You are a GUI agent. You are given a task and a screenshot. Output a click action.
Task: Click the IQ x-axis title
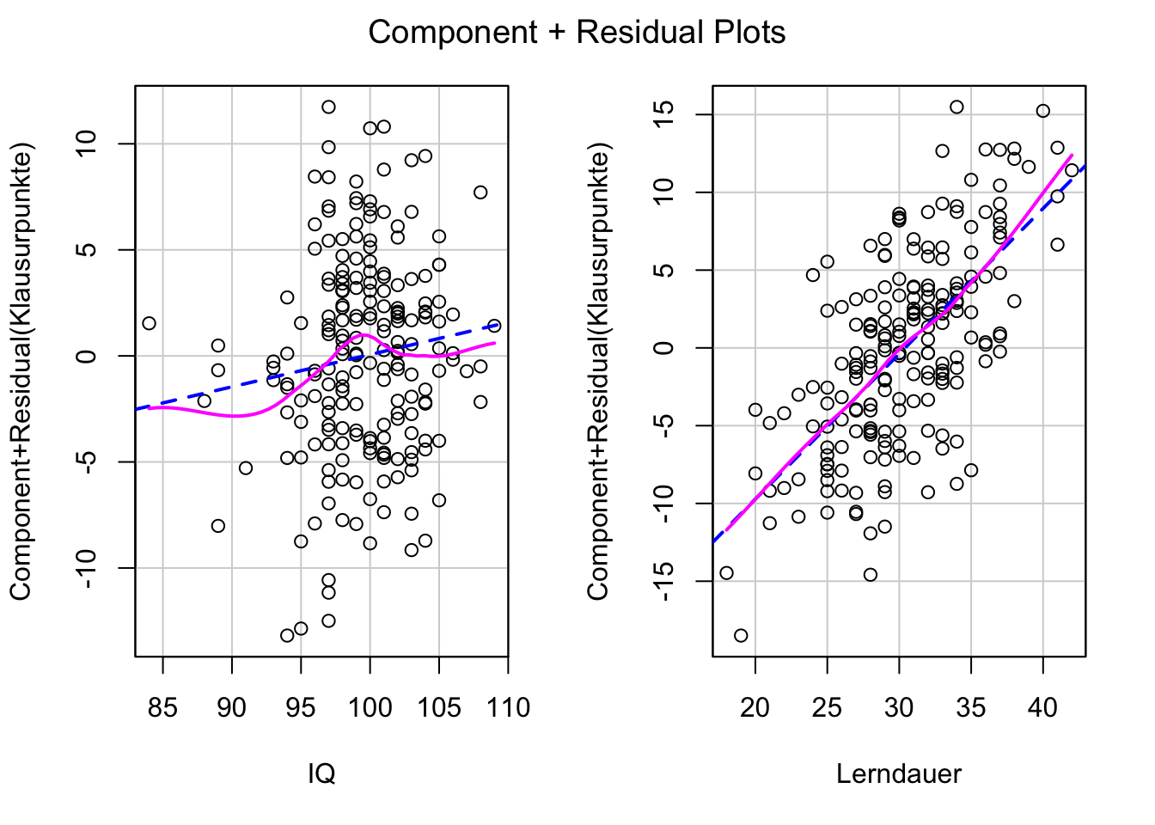click(321, 774)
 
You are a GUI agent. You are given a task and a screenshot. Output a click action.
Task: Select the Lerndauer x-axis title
click(899, 774)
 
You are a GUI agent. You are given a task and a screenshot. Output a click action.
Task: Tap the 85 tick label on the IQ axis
click(162, 708)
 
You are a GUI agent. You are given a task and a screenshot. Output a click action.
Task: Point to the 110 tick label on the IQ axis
click(508, 708)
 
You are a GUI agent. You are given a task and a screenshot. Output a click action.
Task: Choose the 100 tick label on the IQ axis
click(370, 708)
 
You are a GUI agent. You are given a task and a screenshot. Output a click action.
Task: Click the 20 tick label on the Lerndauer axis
click(755, 708)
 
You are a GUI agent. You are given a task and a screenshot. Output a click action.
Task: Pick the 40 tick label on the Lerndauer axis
click(1042, 708)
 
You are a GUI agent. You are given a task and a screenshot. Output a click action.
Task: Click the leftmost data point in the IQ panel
click(149, 323)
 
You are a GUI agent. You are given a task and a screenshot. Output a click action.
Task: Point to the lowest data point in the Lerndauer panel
click(741, 635)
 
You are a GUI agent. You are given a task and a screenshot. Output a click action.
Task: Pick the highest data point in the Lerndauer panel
click(956, 107)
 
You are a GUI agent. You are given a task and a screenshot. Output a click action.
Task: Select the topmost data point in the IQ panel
click(328, 107)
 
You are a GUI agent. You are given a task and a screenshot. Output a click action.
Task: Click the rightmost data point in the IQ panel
click(494, 326)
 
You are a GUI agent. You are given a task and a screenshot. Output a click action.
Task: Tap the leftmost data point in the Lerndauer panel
click(726, 573)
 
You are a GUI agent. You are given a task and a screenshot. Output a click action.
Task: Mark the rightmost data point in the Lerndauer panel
click(1072, 170)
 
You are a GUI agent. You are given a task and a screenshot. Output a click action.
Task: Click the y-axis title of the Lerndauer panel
click(598, 371)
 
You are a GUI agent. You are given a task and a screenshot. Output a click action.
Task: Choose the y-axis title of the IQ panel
click(21, 371)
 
